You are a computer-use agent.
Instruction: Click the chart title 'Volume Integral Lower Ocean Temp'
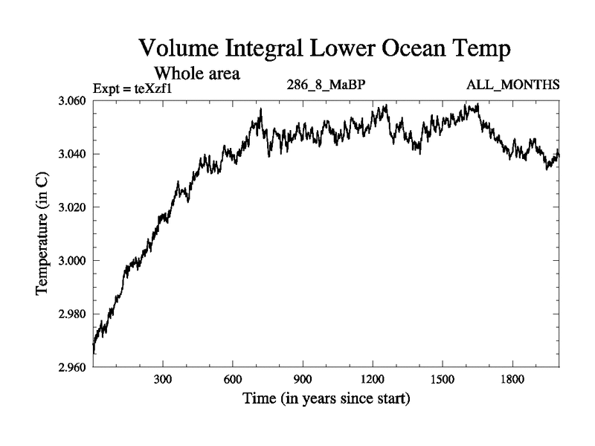coord(325,51)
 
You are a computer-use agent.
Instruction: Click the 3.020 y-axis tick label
coord(73,207)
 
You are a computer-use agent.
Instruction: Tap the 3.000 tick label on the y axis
coord(73,261)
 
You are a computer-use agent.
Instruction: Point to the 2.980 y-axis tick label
coord(73,314)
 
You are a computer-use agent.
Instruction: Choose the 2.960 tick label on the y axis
coord(73,367)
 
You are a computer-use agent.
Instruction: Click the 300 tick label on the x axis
coord(163,379)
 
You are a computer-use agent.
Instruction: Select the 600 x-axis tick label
coord(233,379)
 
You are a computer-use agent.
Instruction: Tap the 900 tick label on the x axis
coord(303,379)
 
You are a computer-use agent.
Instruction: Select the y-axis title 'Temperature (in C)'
coord(43,234)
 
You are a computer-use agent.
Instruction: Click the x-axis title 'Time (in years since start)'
coord(326,399)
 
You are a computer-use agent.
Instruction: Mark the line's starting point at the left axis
coord(94,346)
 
